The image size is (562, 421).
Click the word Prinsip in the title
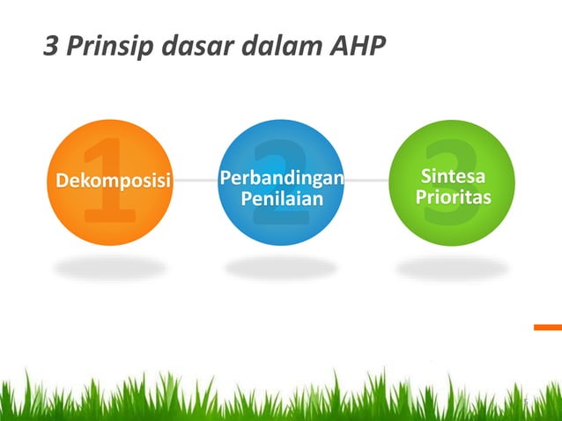click(106, 46)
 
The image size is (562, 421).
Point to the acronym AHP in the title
click(357, 46)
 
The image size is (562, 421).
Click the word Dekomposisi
click(112, 181)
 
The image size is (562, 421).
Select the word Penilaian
click(281, 202)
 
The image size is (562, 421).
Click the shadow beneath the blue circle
click(280, 266)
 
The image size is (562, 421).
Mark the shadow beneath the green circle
click(452, 266)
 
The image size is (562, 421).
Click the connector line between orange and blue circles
click(196, 181)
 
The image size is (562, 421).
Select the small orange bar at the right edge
click(547, 327)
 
